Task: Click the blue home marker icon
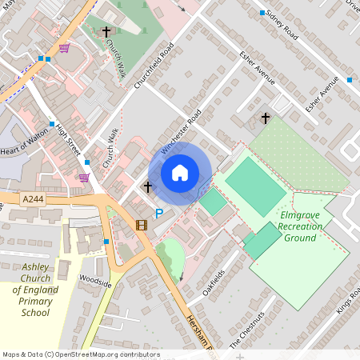(180, 173)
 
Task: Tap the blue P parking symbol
(158, 214)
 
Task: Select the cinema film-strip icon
(142, 225)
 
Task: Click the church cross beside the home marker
(147, 187)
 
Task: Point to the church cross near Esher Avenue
(266, 118)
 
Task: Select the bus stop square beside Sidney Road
(262, 13)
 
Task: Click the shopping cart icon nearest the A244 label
(84, 177)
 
